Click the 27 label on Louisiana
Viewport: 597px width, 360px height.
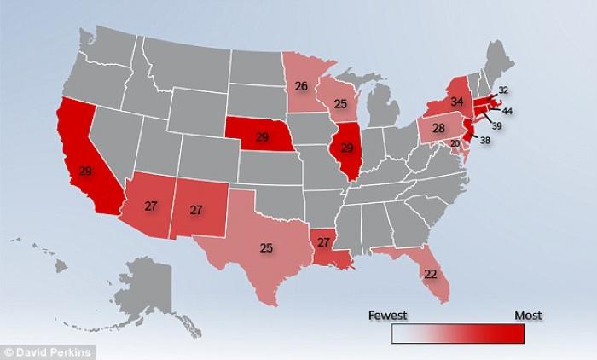tap(323, 243)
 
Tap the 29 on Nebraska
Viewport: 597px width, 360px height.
tap(264, 138)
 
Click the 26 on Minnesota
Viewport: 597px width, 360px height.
tap(302, 86)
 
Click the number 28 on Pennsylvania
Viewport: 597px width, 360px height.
tap(438, 129)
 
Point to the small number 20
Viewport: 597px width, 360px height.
tap(455, 142)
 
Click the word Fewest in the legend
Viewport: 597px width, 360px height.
tap(387, 315)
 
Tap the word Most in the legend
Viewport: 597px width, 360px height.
tap(528, 315)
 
